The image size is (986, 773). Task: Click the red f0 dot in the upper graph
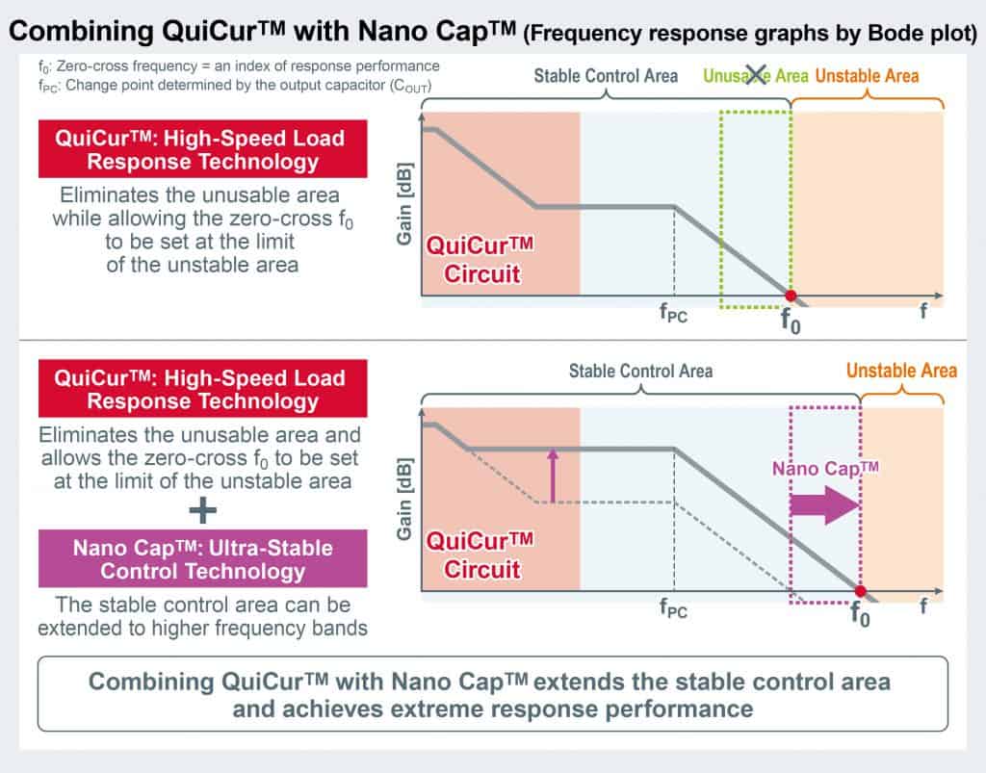791,296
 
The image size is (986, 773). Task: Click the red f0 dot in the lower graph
860,591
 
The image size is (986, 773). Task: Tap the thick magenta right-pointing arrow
824,504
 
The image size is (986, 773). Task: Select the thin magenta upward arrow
553,476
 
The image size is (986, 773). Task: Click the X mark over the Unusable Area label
756,75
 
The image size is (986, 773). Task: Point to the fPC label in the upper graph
673,312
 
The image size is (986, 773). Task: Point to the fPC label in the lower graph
673,607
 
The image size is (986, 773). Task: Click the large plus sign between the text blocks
202,509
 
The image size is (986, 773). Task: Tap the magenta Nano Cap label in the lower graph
825,468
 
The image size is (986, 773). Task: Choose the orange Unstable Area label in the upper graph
868,76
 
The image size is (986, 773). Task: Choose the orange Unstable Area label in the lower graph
901,371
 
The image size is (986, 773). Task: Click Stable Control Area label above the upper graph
606,76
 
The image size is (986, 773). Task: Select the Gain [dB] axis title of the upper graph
404,204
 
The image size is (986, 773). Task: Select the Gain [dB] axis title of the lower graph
404,499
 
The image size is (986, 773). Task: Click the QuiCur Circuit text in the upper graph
480,260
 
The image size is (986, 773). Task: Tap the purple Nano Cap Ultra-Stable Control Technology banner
202,558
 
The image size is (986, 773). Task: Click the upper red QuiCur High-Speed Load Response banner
202,149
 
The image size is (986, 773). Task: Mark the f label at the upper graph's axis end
923,311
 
